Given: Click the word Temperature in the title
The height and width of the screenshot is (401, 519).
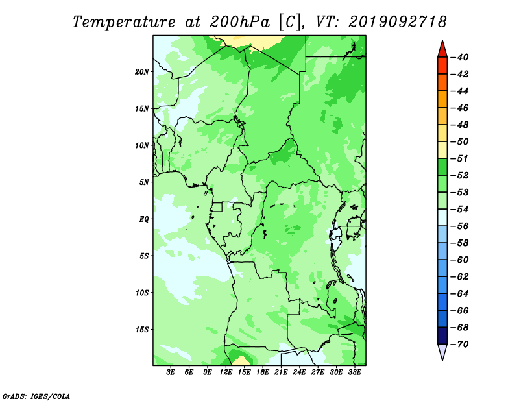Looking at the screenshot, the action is click(124, 22).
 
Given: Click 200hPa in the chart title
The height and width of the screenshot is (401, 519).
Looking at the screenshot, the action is click(239, 22).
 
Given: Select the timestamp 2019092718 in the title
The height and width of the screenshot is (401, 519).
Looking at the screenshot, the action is click(398, 22).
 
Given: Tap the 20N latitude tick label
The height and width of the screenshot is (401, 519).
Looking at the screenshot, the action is click(142, 72).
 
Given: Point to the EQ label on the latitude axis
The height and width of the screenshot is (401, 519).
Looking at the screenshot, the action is click(144, 219).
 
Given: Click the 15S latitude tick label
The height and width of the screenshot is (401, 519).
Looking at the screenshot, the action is click(142, 330).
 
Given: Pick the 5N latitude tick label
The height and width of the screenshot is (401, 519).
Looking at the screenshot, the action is click(144, 182).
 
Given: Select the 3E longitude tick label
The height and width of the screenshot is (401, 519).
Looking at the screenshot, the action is click(171, 372).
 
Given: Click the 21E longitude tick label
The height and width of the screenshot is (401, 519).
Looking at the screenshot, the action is click(281, 372).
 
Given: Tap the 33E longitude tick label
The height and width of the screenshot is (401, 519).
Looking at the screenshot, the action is click(354, 372).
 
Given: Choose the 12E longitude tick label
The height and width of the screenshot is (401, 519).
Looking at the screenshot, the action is click(226, 372).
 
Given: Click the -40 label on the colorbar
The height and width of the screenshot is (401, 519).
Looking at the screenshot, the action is click(460, 57).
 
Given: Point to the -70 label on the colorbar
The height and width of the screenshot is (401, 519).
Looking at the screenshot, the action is click(460, 345).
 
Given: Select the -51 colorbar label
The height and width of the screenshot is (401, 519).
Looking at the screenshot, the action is click(460, 158).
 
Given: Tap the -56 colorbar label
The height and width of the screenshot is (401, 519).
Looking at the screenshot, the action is click(460, 226).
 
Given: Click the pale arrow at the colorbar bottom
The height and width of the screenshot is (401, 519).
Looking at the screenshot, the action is click(442, 351).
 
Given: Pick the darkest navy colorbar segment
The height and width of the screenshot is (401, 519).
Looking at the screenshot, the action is click(442, 335).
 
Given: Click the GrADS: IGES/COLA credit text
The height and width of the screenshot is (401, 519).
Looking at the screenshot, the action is click(36, 396).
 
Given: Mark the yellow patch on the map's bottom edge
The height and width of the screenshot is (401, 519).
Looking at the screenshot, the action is click(241, 361).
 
